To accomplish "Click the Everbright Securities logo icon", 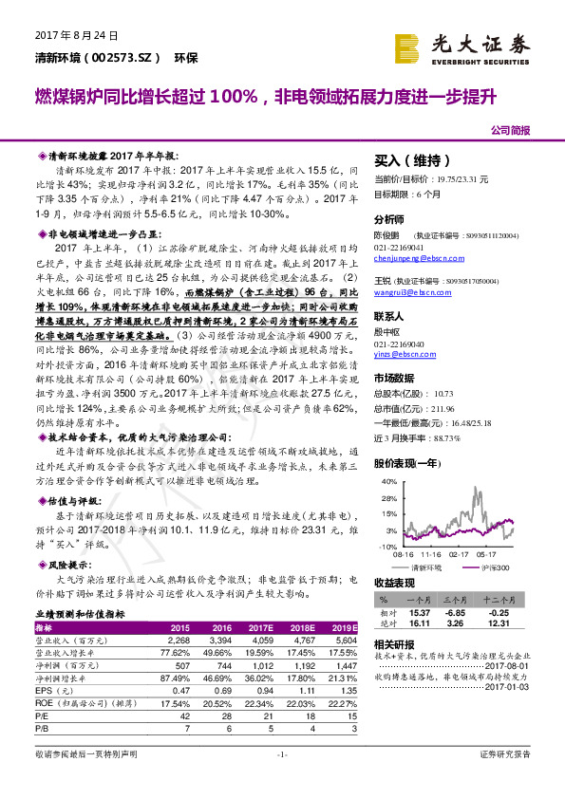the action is pyautogui.click(x=409, y=45).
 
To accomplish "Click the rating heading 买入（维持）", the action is pyautogui.click(x=410, y=161).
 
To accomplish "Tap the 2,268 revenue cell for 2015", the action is pyautogui.click(x=179, y=640).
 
